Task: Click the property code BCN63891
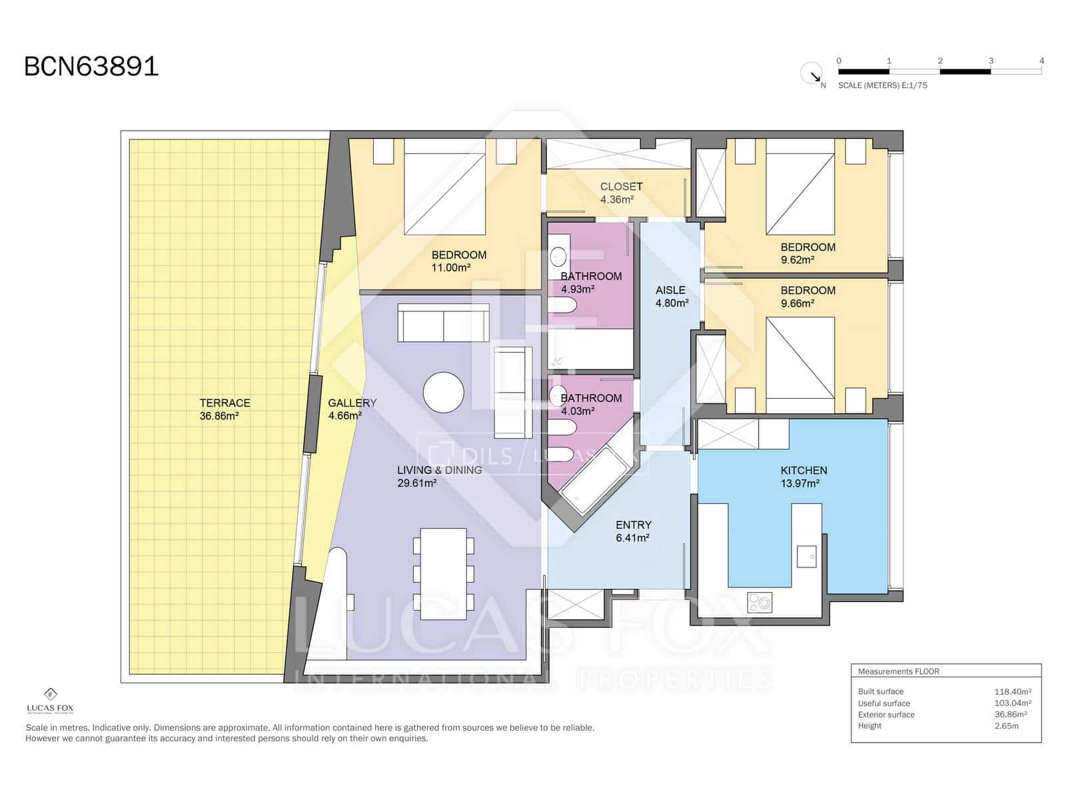tap(91, 67)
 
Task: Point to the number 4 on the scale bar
tap(1041, 61)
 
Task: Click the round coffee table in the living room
tap(444, 392)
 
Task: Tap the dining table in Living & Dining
tap(444, 573)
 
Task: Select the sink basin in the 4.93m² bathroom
tap(558, 256)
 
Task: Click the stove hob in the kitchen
tap(760, 602)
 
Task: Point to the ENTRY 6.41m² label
tap(633, 531)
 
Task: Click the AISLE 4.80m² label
tap(671, 296)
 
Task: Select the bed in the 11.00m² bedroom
tap(444, 187)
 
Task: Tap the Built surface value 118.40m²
tap(1012, 692)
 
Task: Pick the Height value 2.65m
tap(1006, 726)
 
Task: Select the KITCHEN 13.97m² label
tap(803, 477)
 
